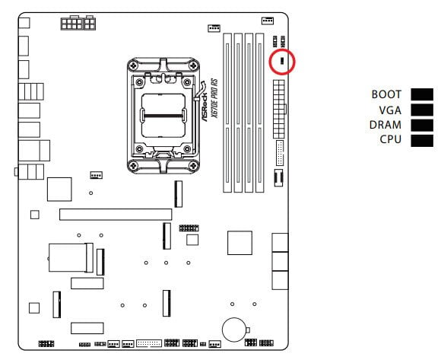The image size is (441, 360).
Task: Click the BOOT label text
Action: coord(386,94)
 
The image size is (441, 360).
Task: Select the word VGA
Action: coord(390,110)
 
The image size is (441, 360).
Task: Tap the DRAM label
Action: coord(385,125)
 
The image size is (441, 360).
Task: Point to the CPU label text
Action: coord(390,139)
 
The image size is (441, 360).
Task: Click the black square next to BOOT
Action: coord(422,94)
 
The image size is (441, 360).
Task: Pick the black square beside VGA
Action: coord(422,110)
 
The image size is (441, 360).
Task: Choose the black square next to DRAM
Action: coord(422,126)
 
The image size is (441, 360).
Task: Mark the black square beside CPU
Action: coord(422,141)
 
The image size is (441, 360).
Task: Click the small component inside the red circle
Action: coord(282,61)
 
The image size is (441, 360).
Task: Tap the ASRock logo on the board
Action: coord(205,107)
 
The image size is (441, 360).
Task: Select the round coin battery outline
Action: coord(234,330)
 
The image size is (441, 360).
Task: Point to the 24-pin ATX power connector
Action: coord(279,109)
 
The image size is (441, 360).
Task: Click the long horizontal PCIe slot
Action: coord(116,215)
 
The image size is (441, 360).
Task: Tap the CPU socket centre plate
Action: coord(163,116)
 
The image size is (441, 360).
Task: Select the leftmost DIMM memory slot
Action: coord(227,113)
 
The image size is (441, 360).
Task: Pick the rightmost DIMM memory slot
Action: coord(259,113)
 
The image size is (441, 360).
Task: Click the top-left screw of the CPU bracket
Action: coord(133,66)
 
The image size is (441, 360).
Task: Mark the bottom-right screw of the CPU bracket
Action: coord(193,165)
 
